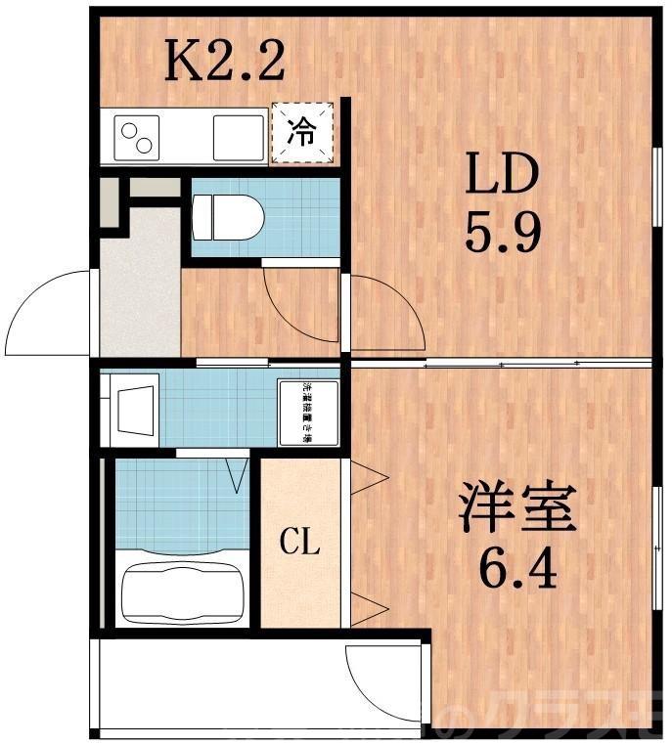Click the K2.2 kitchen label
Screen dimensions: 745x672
[x=224, y=61]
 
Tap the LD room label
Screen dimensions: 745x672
[x=501, y=176]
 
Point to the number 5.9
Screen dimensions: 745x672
[x=503, y=233]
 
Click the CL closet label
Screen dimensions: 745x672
[x=300, y=542]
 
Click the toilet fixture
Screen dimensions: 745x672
[x=228, y=217]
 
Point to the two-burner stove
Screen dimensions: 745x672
[x=136, y=135]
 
